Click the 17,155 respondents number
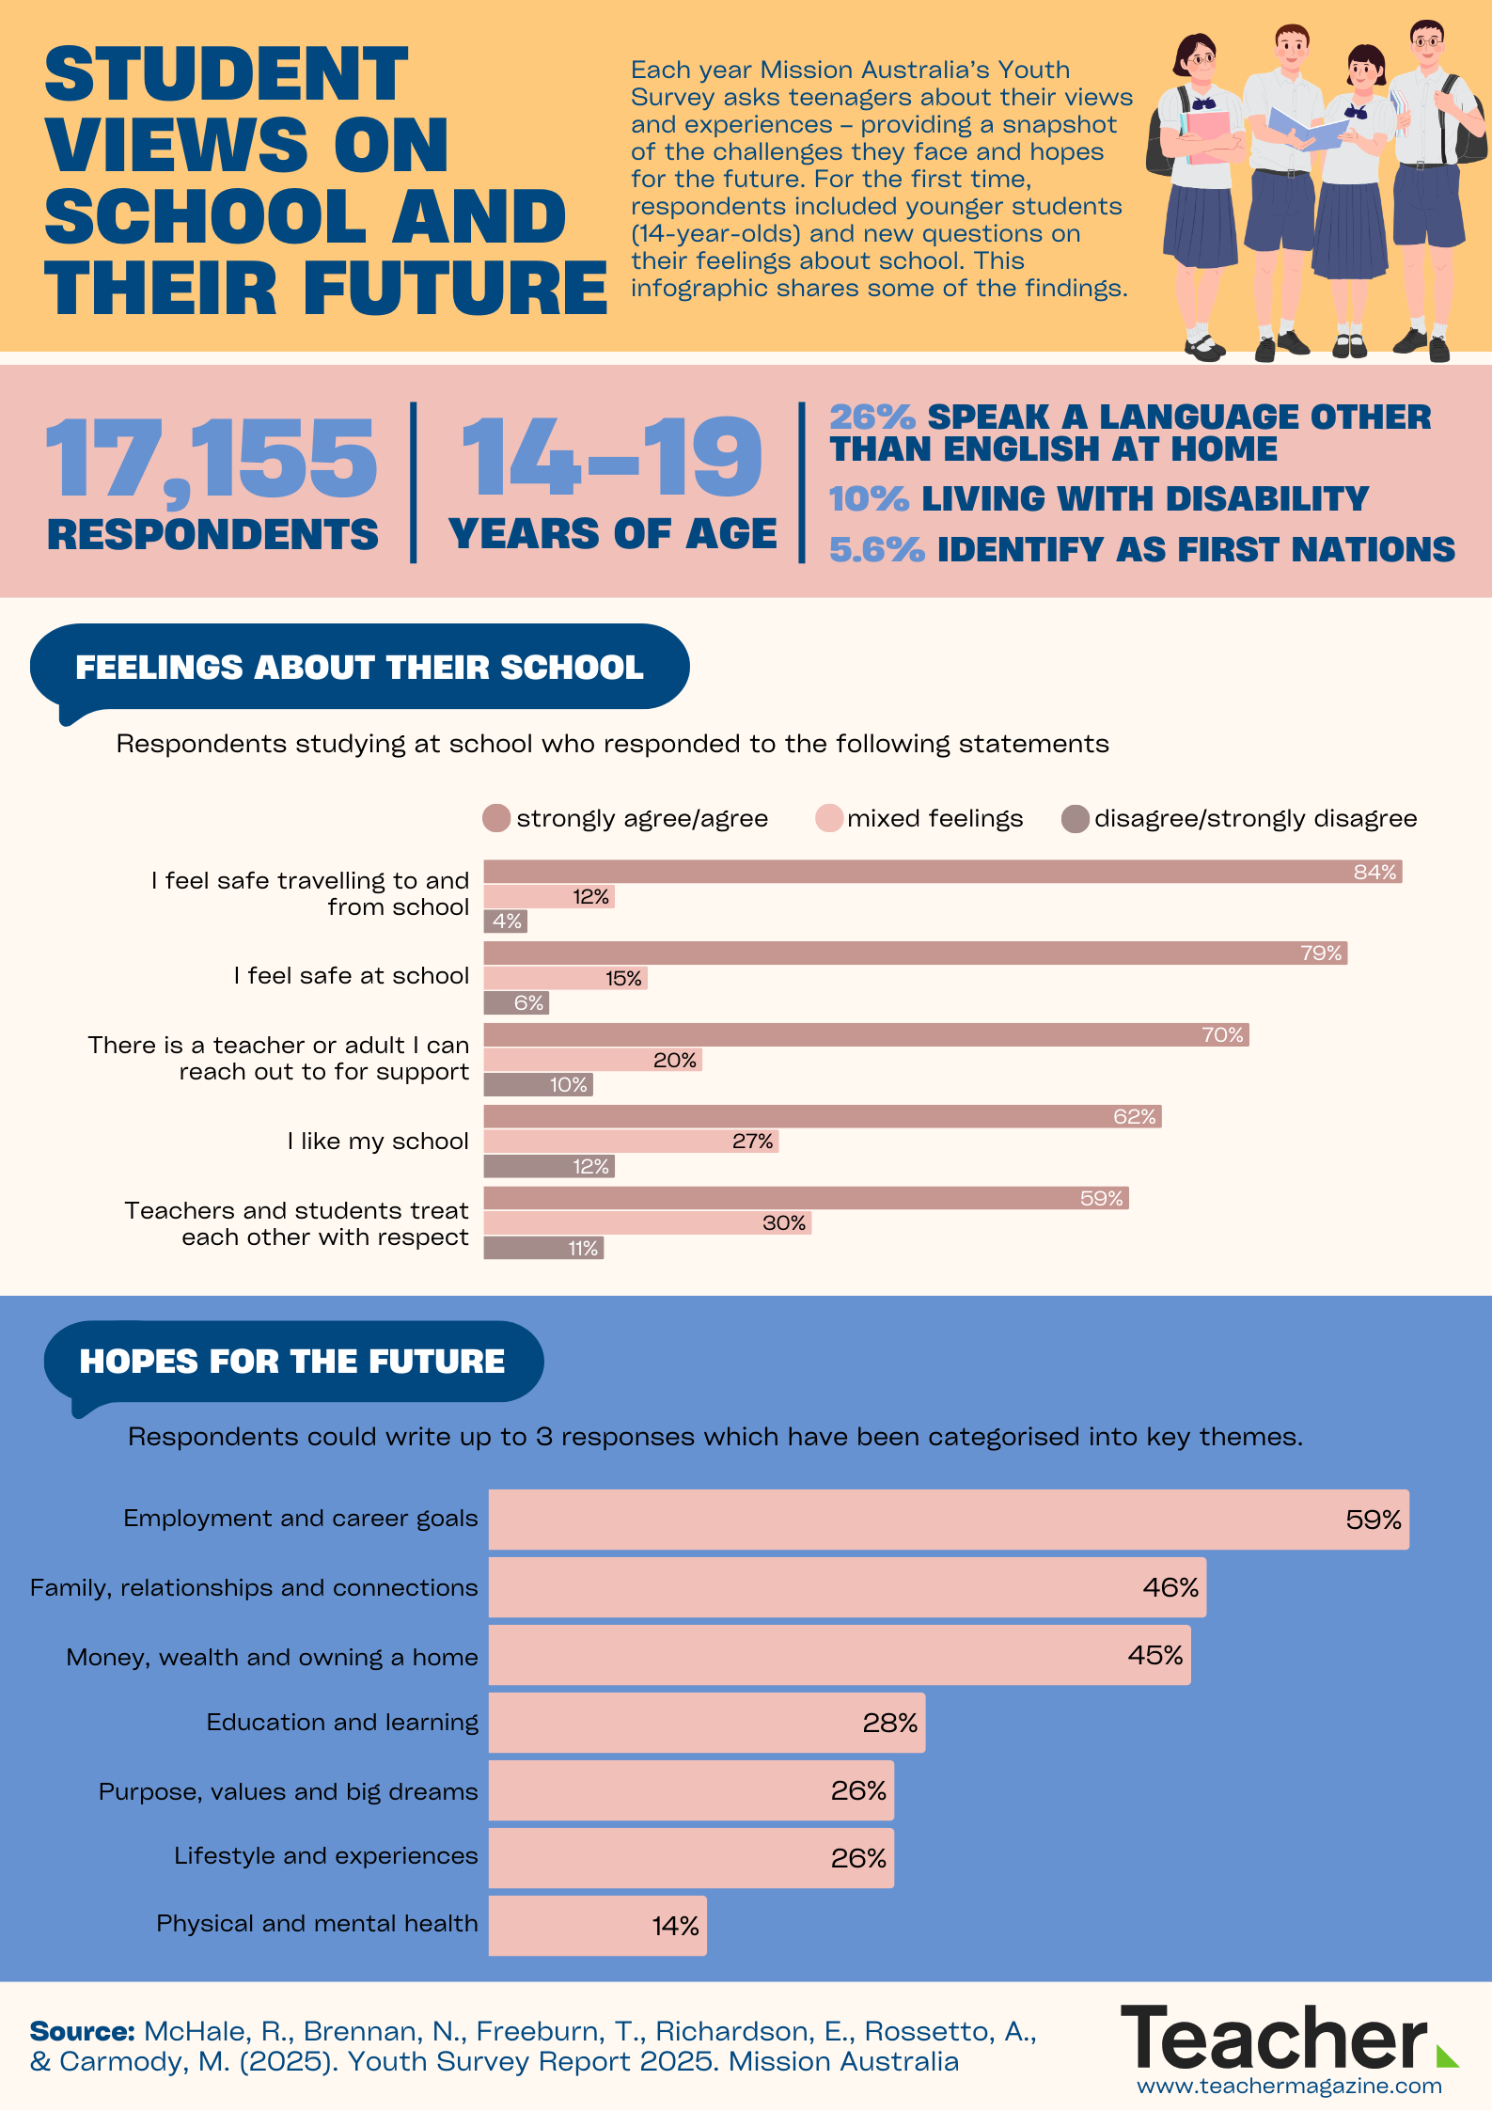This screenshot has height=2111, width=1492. coord(211,460)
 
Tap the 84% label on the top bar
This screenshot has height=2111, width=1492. coord(1374,872)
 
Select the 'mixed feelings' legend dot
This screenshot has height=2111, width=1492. coord(828,818)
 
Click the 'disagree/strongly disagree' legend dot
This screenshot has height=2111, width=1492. coord(1075,818)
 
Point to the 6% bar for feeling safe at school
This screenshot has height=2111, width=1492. coord(516,1003)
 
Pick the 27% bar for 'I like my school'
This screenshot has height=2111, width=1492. coord(631,1142)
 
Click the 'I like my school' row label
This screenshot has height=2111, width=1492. coord(378,1142)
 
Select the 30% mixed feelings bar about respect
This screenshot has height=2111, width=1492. coord(647,1223)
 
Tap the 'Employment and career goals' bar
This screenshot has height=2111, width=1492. coord(948,1520)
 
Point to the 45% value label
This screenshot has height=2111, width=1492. coord(1155,1655)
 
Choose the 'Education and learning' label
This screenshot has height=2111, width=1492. coord(342,1723)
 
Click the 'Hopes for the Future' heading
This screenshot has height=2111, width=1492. coord(292,1362)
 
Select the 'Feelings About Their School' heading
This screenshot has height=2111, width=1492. coord(359,668)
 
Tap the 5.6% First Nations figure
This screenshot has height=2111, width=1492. coord(876,550)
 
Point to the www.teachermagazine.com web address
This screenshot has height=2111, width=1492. coord(1289,2086)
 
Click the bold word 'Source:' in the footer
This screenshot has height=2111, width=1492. coord(83,2032)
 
